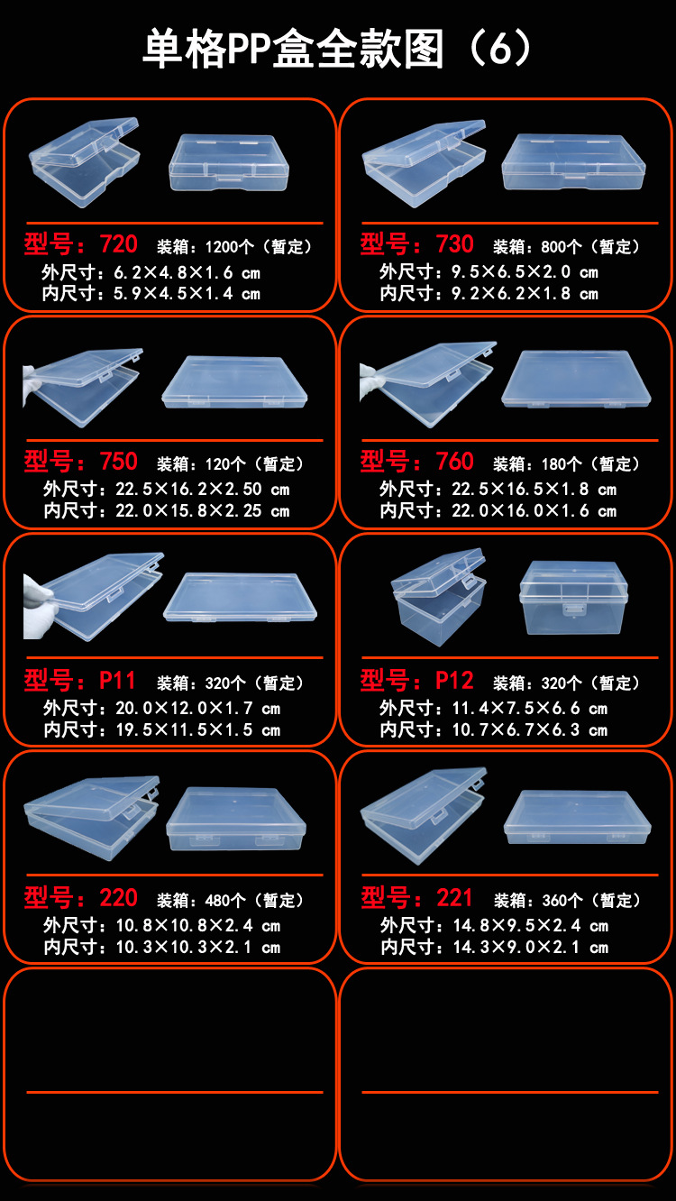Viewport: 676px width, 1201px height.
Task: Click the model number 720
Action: (118, 244)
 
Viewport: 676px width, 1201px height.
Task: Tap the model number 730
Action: (454, 244)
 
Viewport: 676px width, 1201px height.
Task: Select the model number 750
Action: (118, 462)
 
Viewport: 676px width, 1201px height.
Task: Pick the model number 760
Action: (454, 462)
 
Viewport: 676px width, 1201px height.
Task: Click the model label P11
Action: (117, 681)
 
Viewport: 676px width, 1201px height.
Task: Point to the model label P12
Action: (454, 681)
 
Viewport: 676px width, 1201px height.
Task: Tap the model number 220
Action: (118, 898)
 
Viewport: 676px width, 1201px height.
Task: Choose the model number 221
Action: (454, 898)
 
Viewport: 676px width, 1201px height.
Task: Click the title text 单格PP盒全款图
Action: (293, 50)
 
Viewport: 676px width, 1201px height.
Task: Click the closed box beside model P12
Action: (573, 596)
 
